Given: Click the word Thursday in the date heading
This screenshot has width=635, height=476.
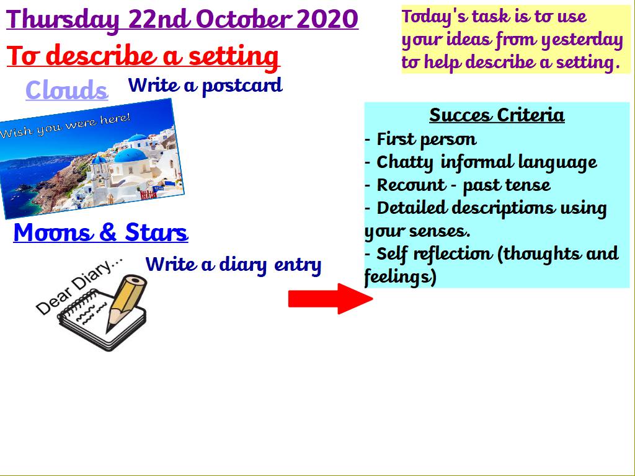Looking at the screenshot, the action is click(63, 20).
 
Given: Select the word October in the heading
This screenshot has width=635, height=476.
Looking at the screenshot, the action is click(244, 19).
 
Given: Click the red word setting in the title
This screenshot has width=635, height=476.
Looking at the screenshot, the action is click(234, 56).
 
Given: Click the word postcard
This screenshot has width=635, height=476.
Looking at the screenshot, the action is click(242, 86).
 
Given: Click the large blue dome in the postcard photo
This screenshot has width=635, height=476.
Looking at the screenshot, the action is click(130, 156).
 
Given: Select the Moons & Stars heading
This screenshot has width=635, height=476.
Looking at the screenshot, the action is click(101, 232).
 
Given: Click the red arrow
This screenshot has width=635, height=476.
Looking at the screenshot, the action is click(330, 299).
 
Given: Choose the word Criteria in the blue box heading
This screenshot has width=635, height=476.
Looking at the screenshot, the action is click(531, 115).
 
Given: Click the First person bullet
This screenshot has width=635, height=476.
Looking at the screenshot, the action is click(421, 139).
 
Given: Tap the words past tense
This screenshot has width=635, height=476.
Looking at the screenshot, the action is click(507, 185).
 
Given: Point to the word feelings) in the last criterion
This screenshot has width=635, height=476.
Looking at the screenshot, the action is click(400, 277).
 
